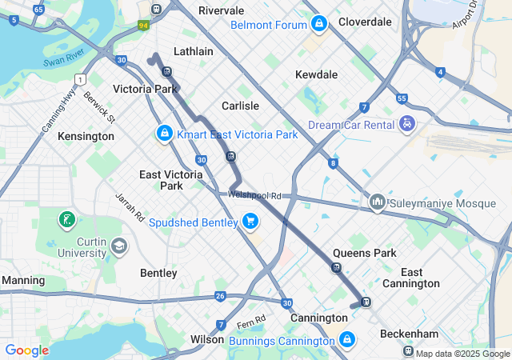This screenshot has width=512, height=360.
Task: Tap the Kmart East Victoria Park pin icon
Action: coord(164,133)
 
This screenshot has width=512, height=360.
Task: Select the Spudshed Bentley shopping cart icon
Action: coord(250,221)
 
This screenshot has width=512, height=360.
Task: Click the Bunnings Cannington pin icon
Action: coord(346,340)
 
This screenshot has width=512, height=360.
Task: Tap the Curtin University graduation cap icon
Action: coord(119,246)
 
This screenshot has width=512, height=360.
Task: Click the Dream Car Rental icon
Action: coord(408,124)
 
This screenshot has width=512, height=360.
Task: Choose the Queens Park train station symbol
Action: coord(336,267)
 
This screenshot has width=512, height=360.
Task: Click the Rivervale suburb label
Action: coord(221,10)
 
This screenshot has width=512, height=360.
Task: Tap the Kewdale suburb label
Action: coord(316,74)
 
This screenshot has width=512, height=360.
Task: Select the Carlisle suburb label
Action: coord(240,106)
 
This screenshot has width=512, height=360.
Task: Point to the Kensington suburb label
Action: coord(86,137)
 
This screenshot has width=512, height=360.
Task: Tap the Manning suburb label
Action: coord(23,281)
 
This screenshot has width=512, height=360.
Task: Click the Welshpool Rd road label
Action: coord(254,195)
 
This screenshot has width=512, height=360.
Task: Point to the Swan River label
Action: coord(63,62)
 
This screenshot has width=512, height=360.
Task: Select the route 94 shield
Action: coord(144,25)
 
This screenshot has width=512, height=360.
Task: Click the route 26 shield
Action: coord(220,297)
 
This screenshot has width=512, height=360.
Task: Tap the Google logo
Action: coord(26,350)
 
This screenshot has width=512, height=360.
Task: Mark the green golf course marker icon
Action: coord(67,219)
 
